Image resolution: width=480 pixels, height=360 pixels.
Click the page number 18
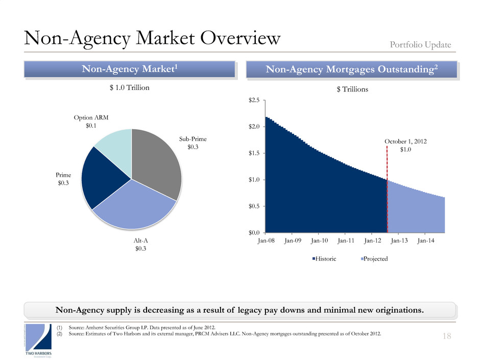pos(446,335)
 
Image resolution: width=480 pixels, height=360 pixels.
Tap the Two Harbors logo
pos(38,340)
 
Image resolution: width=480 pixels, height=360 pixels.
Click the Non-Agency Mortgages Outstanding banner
pos(351,70)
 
